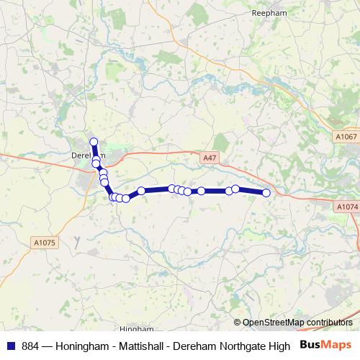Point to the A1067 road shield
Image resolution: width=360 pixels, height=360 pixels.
coord(346,137)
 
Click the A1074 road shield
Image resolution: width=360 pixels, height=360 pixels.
coord(346,207)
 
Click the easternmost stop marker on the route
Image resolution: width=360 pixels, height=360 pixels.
coord(266,192)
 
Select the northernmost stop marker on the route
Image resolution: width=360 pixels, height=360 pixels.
coord(94,142)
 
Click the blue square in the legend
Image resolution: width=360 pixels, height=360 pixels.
coord(10,346)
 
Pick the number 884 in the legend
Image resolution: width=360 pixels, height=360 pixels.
coord(31,346)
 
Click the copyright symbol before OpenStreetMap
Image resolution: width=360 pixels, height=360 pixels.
coord(238,323)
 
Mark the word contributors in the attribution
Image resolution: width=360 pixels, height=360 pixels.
coord(328,323)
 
